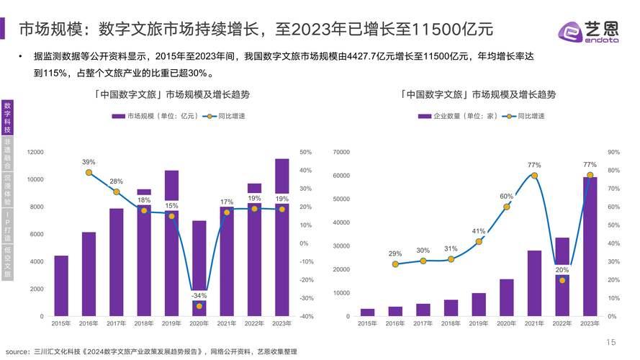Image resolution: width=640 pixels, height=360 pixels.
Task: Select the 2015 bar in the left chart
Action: coord(61,286)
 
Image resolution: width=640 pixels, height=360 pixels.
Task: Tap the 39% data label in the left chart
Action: coord(89,162)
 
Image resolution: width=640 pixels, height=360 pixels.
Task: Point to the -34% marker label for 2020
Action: coord(199,295)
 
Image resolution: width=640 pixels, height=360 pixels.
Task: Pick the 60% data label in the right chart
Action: coord(506,197)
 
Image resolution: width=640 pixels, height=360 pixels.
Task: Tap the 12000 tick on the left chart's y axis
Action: coord(35,153)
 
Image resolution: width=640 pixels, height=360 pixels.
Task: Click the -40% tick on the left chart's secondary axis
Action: coord(305,317)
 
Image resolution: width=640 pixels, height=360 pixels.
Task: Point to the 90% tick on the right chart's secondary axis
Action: coord(613,153)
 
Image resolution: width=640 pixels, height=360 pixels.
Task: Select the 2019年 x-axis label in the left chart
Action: coord(171,324)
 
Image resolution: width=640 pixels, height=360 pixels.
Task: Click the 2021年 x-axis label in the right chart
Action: coord(534,324)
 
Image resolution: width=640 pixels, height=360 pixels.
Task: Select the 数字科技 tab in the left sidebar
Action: coord(7,117)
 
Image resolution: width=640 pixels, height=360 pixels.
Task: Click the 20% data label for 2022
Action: coord(562,270)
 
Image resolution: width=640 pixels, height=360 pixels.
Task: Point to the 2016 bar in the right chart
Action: coord(395,311)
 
